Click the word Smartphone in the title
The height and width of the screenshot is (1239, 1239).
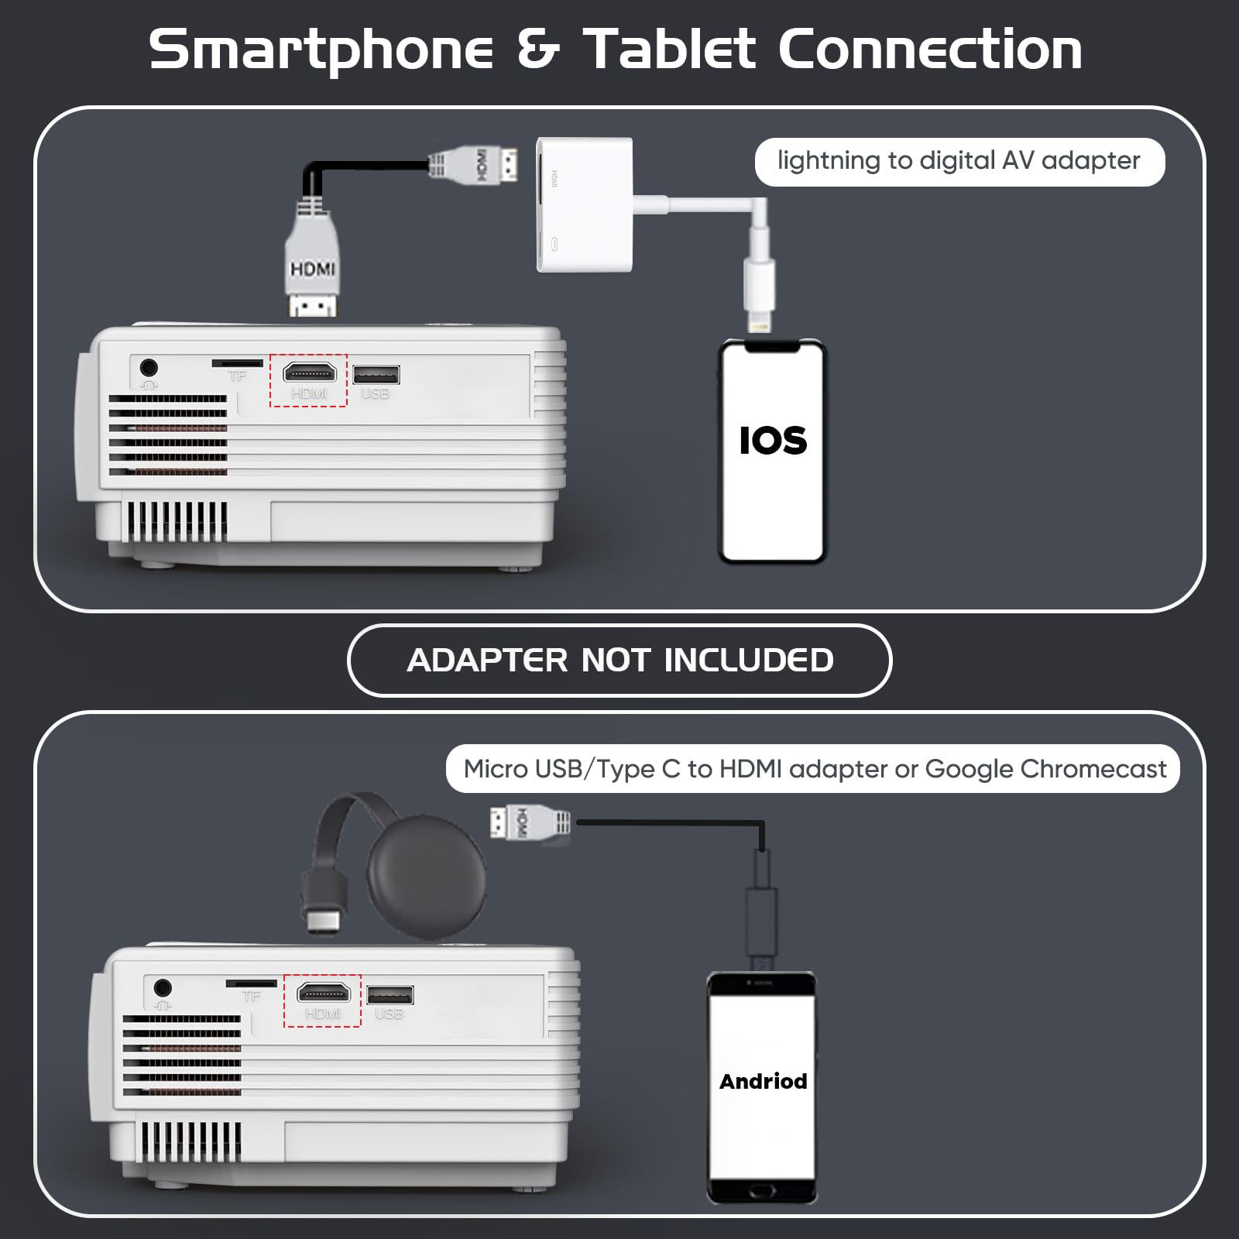(x=321, y=50)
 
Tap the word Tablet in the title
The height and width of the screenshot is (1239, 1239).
(x=669, y=49)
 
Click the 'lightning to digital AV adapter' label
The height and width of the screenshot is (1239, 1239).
(x=959, y=161)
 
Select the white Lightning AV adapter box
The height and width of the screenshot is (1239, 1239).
(x=585, y=205)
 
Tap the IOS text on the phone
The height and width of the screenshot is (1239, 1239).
(x=773, y=441)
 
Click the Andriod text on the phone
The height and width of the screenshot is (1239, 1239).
(x=763, y=1081)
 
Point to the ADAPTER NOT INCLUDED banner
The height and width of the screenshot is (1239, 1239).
(x=619, y=661)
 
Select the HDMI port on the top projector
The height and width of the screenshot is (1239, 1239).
(x=309, y=372)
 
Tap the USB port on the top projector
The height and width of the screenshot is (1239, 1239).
(x=376, y=375)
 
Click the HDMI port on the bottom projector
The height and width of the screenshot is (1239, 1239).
(x=323, y=992)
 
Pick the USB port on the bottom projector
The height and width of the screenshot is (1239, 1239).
(x=390, y=995)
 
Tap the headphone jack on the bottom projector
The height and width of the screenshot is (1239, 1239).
(x=162, y=987)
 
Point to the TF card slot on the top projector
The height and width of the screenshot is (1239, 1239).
(x=238, y=362)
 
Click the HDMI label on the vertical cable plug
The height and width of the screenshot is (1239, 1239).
(x=312, y=269)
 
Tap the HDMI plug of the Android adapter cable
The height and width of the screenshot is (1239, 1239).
(x=530, y=822)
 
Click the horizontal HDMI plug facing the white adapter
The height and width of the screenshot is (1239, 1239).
(x=474, y=165)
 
